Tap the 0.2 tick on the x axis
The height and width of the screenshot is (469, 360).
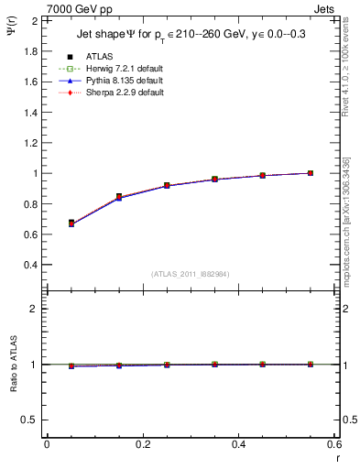point(142,445)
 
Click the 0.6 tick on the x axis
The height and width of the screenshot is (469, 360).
point(333,445)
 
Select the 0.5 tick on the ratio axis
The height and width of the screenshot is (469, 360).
point(31,420)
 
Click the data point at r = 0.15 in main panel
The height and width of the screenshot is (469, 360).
point(119,197)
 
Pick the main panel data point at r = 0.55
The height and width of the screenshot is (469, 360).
point(311,173)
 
